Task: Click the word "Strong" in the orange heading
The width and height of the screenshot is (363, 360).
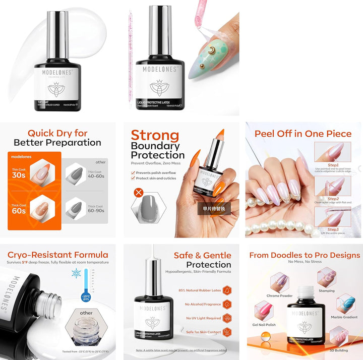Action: tap(155, 135)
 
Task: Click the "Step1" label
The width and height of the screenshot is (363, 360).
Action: tap(333, 165)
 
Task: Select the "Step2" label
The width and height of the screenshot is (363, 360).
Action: tap(333, 199)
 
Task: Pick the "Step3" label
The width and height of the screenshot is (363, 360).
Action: tap(333, 229)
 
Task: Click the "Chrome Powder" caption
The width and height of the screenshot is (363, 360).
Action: tap(280, 296)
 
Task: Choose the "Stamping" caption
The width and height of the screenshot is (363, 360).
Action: tap(326, 291)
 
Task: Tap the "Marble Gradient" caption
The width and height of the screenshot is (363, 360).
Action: tap(344, 317)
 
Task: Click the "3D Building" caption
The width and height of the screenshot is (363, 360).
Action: tap(339, 350)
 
